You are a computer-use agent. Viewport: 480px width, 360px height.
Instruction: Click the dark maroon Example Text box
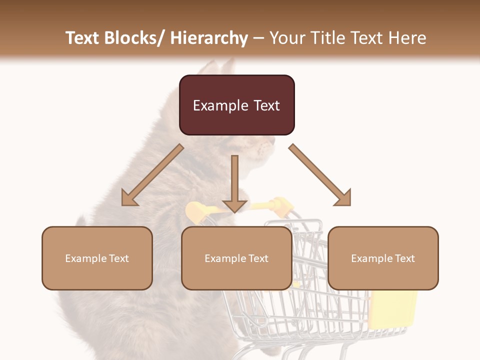click(236, 105)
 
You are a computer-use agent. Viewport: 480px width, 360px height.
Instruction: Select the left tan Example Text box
click(97, 258)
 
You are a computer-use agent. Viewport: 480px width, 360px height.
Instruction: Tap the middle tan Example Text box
click(236, 258)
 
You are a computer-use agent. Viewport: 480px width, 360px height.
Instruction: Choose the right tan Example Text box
click(383, 258)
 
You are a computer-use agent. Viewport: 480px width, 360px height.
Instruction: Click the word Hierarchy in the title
click(209, 38)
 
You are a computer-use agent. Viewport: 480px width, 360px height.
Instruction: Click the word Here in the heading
click(407, 38)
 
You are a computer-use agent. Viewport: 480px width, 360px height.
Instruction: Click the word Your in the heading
click(287, 38)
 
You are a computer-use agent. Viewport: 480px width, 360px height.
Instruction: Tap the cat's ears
click(220, 67)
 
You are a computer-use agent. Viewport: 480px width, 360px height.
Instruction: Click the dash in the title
click(258, 38)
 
